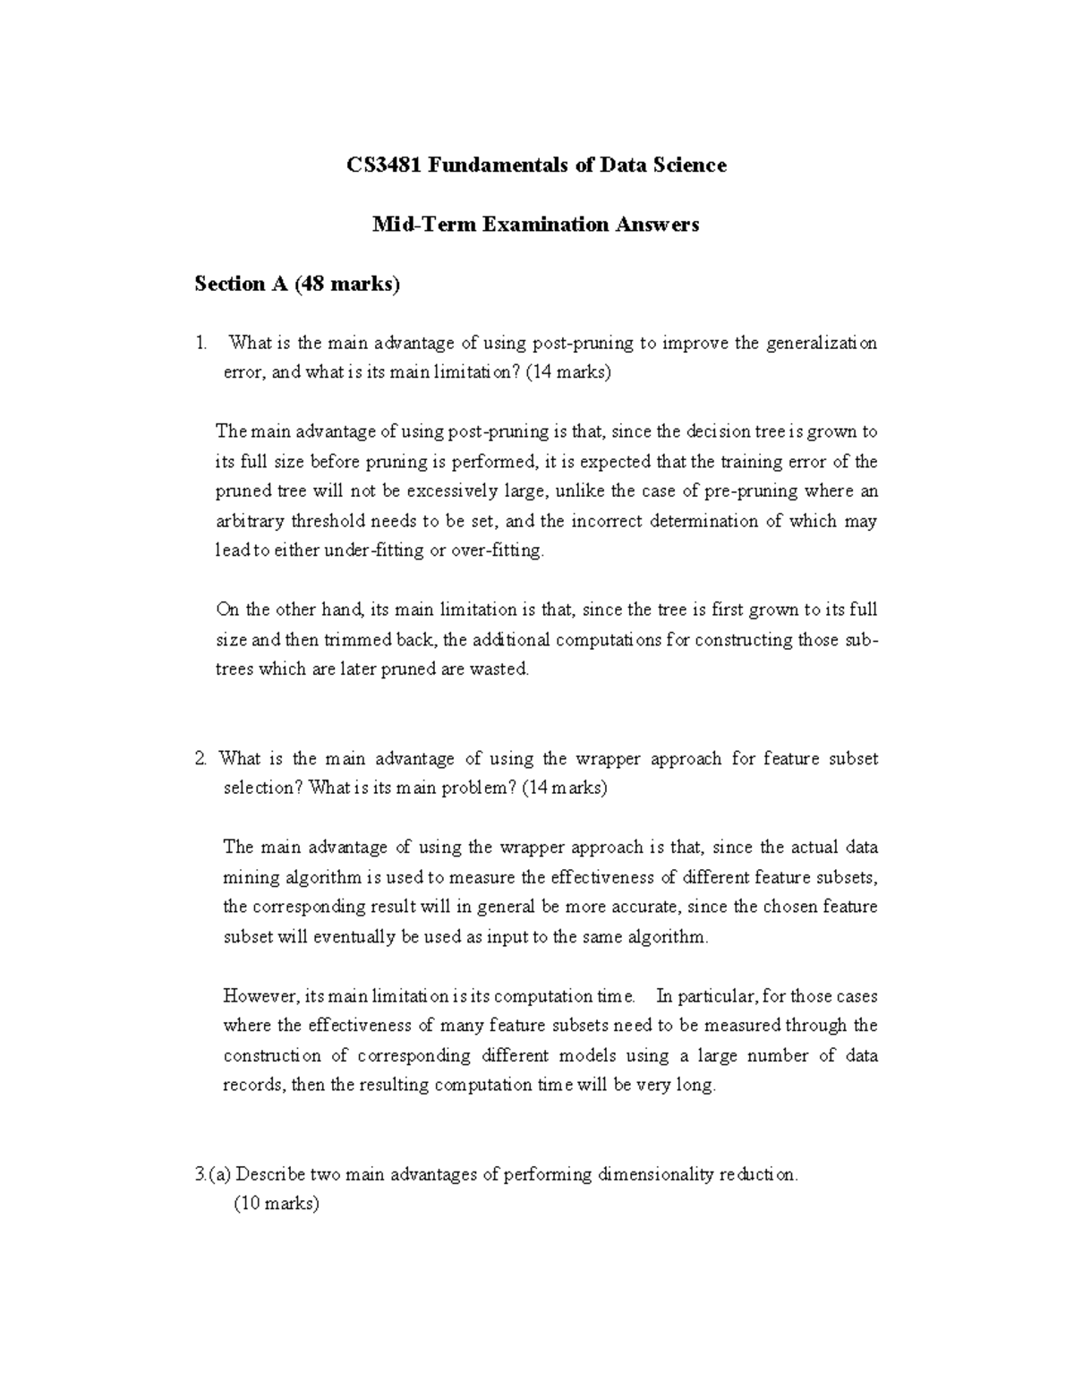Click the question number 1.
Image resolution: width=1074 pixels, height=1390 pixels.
click(x=201, y=344)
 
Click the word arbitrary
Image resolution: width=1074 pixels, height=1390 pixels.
click(x=251, y=521)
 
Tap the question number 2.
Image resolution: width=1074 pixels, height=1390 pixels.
click(x=200, y=759)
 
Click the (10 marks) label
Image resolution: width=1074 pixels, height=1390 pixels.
click(x=277, y=1205)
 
